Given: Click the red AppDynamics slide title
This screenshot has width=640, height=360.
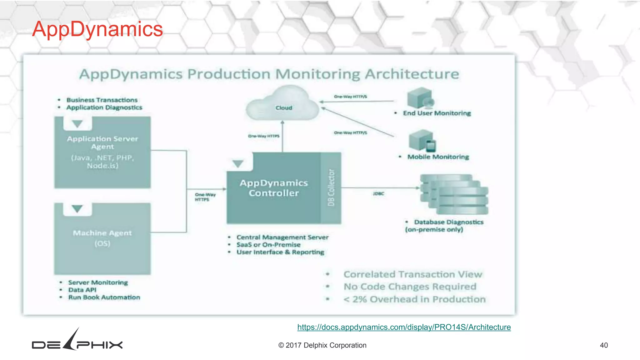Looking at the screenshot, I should [x=97, y=29].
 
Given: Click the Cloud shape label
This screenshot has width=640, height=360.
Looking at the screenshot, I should [x=284, y=108].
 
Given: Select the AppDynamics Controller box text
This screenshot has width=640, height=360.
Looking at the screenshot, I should [x=274, y=188].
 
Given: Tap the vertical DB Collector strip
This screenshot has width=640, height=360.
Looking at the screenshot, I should [x=331, y=188].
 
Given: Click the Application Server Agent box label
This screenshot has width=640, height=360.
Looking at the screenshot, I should [x=102, y=142].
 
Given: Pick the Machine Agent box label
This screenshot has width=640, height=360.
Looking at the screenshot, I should [x=102, y=233].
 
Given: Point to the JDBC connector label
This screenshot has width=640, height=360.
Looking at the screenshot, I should [x=378, y=194].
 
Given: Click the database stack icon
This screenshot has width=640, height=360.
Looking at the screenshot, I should [x=454, y=194].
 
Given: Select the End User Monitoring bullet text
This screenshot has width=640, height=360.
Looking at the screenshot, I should [x=437, y=113].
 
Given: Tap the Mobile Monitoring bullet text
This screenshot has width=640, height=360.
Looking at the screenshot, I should [x=438, y=157].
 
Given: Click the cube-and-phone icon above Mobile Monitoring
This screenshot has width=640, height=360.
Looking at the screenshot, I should [x=422, y=141].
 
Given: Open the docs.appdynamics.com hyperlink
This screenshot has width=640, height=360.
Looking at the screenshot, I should [x=404, y=327].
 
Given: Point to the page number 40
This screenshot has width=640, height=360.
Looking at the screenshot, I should [x=604, y=345].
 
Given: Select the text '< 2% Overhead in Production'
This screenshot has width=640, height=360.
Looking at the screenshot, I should [x=414, y=299].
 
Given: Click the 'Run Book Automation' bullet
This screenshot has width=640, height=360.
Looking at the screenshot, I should [x=104, y=297].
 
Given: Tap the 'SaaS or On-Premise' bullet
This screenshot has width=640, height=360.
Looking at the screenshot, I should [x=268, y=245].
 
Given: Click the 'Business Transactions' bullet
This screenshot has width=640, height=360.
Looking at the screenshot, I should [x=102, y=100].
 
